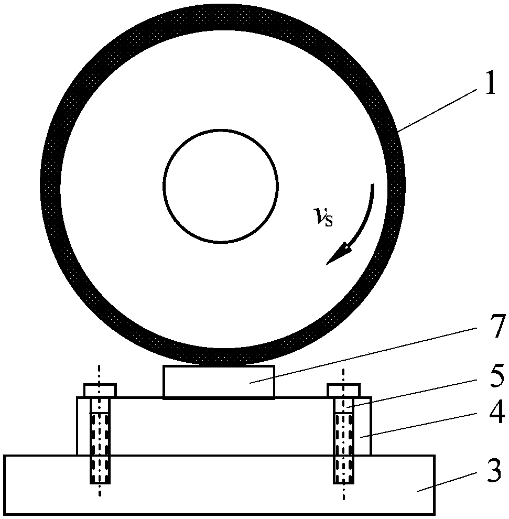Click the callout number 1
(x=490, y=83)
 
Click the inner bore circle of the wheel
(x=220, y=130)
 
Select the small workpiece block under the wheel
(x=219, y=382)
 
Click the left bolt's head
(x=100, y=390)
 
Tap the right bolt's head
(x=343, y=390)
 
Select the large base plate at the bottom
(x=219, y=485)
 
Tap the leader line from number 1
(x=437, y=111)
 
